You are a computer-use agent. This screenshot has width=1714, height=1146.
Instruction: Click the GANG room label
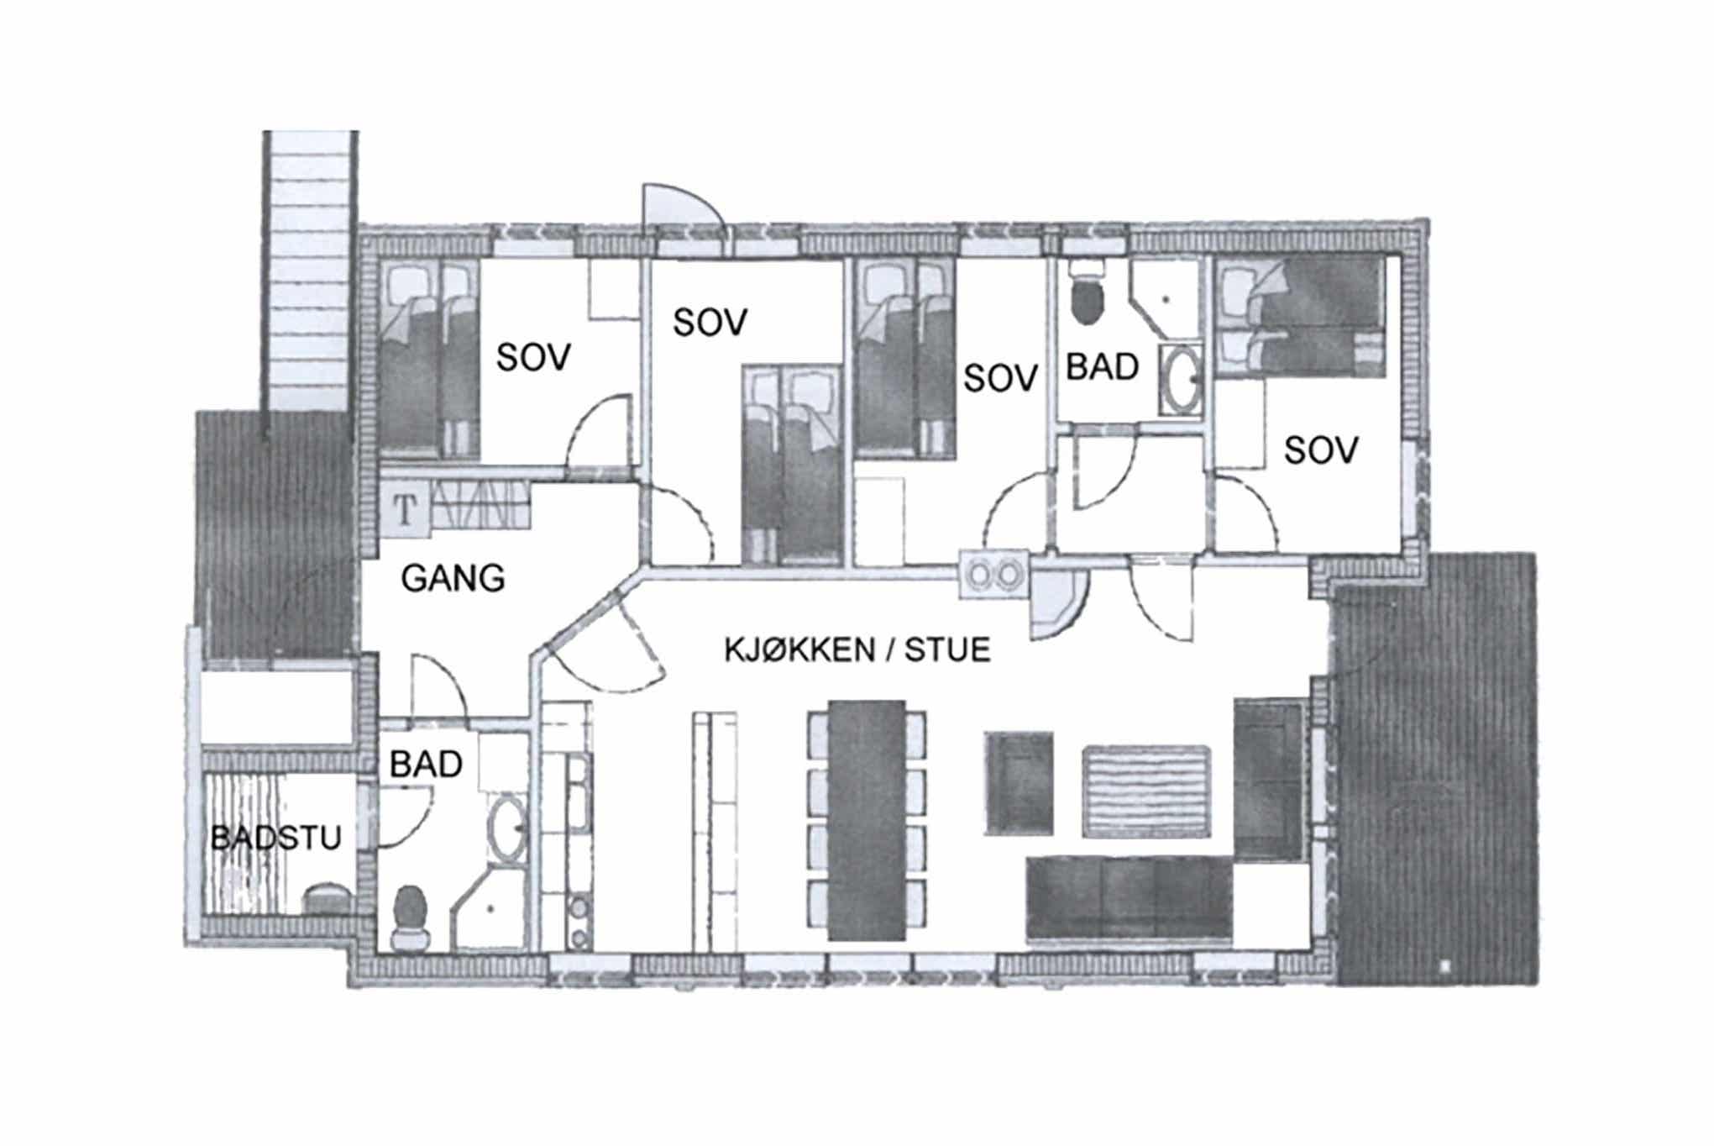(x=453, y=578)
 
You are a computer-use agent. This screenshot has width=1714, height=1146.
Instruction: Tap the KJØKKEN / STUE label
(x=857, y=650)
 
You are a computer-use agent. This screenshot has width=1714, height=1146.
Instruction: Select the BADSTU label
(x=276, y=838)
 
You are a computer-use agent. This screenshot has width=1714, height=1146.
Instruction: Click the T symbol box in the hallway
(x=406, y=509)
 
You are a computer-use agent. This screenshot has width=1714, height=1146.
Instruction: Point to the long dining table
(x=867, y=820)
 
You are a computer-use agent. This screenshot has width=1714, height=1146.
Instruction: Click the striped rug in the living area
(x=1146, y=791)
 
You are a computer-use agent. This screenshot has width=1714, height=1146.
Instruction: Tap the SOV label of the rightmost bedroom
(x=1321, y=451)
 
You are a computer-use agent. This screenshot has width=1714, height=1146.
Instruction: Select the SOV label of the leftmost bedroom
(x=533, y=357)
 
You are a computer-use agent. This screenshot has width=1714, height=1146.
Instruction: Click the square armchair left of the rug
(x=1019, y=784)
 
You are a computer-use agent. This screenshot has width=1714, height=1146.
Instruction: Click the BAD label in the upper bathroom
(x=1102, y=367)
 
